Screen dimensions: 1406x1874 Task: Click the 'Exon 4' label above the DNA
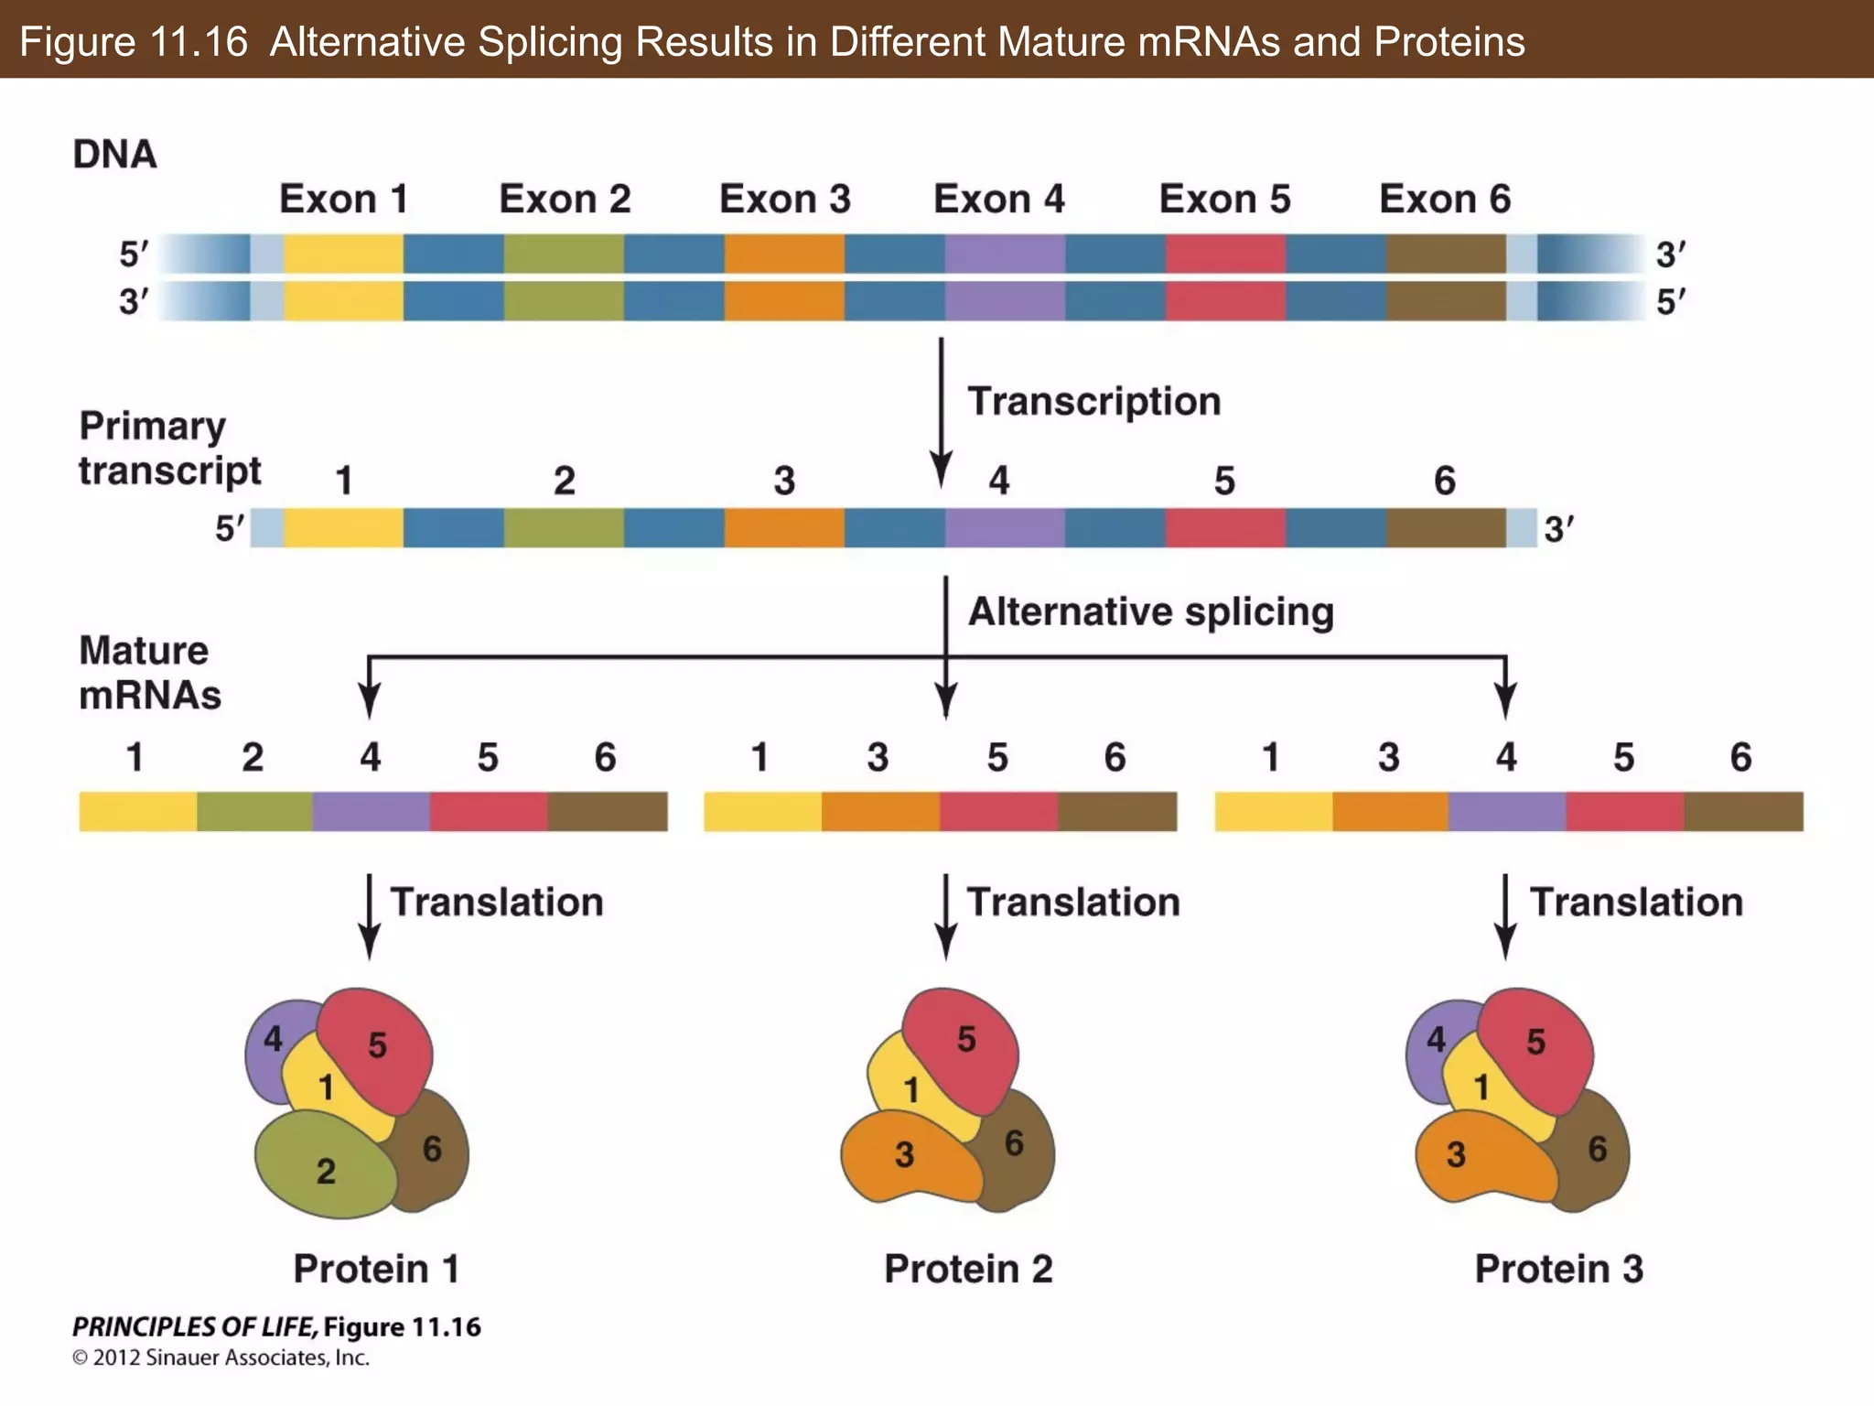point(998,199)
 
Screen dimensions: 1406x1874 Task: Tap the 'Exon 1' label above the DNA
point(343,199)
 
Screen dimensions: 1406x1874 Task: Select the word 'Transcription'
point(1094,401)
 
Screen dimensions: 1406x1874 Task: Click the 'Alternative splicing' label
point(1151,611)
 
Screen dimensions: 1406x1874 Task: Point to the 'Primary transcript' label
point(169,449)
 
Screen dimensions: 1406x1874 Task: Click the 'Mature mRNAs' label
point(149,673)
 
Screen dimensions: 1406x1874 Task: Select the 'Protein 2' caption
point(968,1269)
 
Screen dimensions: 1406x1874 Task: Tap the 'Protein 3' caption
point(1558,1269)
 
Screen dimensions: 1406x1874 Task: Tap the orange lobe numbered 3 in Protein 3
point(1473,1158)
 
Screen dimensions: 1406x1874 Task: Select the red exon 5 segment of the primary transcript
point(1225,528)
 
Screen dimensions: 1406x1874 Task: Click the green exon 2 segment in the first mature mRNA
point(254,812)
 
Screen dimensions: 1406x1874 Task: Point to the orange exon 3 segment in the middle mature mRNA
point(880,812)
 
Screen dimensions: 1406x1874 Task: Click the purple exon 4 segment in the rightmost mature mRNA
point(1507,812)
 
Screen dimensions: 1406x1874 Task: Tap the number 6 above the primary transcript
point(1444,481)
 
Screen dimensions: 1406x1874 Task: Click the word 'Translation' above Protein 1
point(497,903)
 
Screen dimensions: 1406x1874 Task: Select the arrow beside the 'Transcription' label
point(941,412)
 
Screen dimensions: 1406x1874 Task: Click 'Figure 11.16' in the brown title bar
point(134,41)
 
